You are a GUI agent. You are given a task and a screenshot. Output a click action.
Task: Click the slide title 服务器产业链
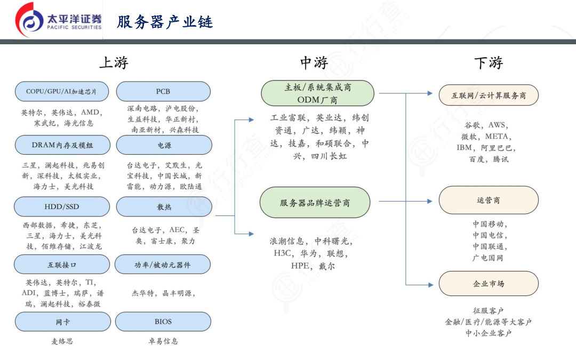(165, 22)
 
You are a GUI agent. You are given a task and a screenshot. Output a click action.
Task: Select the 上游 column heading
(114, 62)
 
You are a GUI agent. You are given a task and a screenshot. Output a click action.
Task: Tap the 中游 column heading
(314, 62)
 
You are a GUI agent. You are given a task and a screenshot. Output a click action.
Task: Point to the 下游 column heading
(489, 62)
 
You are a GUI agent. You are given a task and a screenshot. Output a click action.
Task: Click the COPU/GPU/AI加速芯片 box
(61, 92)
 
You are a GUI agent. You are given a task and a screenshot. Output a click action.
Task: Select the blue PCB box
(163, 92)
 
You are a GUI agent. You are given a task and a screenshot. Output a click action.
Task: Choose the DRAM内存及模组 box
(62, 145)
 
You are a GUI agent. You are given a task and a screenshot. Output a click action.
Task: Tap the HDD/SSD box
(62, 207)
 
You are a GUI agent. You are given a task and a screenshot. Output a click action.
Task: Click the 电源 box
(164, 145)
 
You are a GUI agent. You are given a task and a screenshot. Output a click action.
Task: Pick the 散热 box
(164, 207)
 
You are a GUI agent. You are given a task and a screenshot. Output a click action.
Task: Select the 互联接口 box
(62, 265)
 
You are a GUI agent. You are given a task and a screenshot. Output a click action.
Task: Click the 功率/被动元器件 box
(163, 265)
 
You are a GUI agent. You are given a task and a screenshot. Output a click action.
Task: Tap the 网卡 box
(62, 322)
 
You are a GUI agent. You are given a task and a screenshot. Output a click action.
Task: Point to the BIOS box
(163, 322)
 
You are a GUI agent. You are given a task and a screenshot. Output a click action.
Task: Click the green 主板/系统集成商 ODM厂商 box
(317, 93)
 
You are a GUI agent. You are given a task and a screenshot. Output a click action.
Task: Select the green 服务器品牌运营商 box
(315, 203)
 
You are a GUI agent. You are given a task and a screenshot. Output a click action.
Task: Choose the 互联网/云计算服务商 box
(489, 95)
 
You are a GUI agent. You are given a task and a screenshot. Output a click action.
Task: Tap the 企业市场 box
(489, 284)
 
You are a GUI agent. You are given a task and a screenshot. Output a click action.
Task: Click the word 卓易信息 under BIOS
(163, 341)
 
